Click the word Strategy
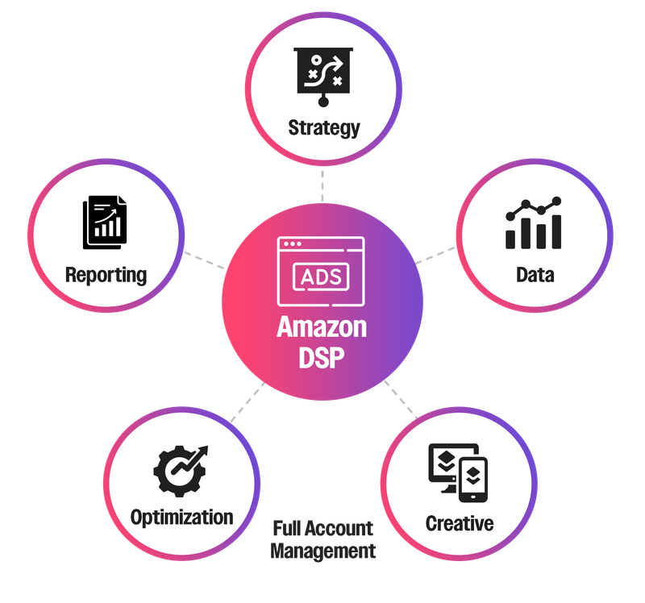[x=323, y=127]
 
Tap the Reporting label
[x=106, y=274]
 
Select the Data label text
[x=535, y=274]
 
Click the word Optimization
[x=181, y=517]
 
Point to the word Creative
[x=459, y=523]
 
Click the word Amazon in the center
[x=322, y=327]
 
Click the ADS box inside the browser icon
[x=321, y=277]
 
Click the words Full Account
[x=322, y=530]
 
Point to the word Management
[x=322, y=551]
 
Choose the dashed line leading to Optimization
[x=246, y=404]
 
